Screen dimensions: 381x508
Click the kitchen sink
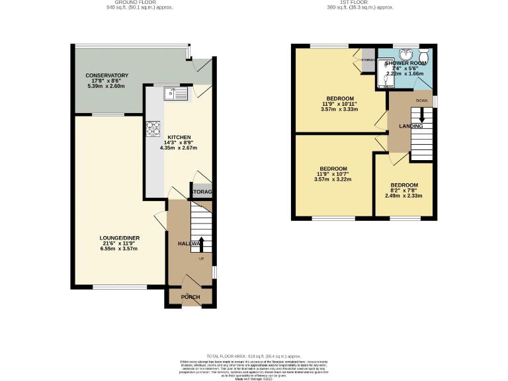(x=177, y=94)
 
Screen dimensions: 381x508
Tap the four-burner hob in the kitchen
(x=154, y=128)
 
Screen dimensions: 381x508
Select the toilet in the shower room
(x=423, y=55)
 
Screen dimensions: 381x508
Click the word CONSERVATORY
(x=106, y=75)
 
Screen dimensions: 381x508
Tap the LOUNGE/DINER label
(x=119, y=238)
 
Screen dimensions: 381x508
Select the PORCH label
(x=190, y=297)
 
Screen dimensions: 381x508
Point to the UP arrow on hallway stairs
(x=202, y=243)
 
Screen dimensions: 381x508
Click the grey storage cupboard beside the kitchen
(x=202, y=191)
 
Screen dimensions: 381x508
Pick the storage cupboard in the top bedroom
(x=368, y=59)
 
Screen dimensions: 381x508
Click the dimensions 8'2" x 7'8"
(x=403, y=190)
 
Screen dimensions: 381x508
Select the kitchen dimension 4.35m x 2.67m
(x=178, y=148)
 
